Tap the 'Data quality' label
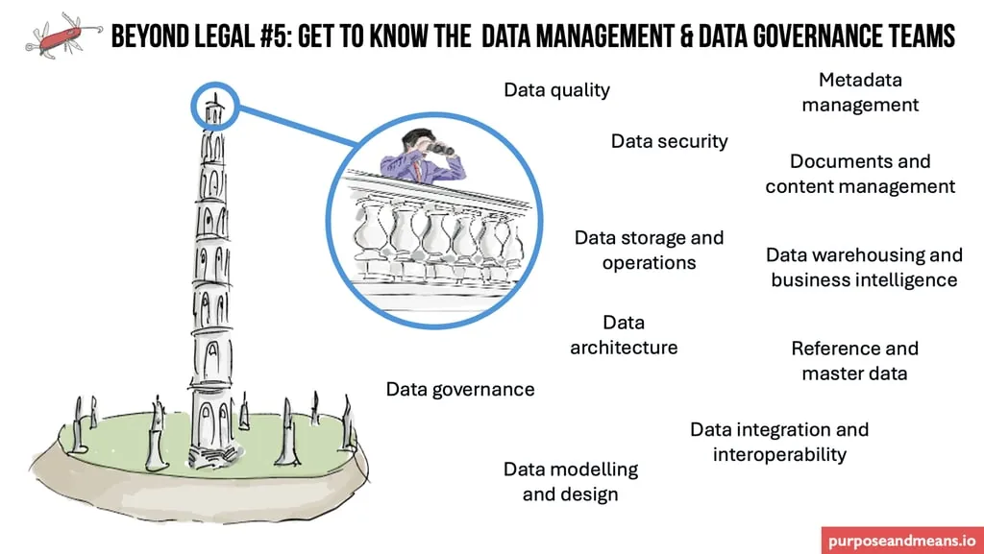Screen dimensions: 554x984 point(556,90)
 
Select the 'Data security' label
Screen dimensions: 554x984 point(669,141)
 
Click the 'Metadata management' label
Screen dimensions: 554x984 point(860,92)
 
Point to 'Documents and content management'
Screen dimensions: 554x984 point(860,174)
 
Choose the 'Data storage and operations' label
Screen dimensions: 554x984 point(649,250)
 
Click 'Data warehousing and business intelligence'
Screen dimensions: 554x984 point(864,267)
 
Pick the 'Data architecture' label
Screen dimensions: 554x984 point(624,335)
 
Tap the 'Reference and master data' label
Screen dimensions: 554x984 point(854,360)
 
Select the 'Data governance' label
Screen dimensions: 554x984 point(460,389)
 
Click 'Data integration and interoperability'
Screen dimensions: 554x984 point(779,442)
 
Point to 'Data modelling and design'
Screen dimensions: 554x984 point(571,481)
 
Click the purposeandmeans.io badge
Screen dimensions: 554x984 point(901,539)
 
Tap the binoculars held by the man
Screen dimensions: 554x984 point(442,147)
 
